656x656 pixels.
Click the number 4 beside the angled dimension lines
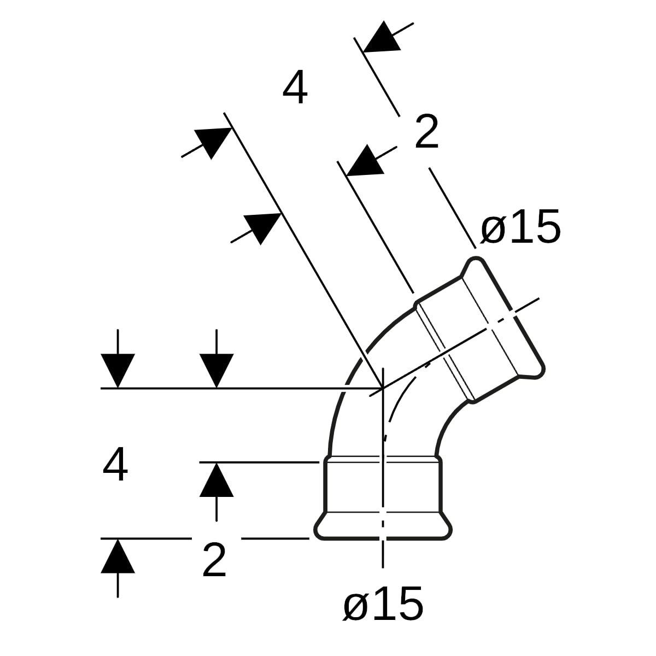(x=295, y=87)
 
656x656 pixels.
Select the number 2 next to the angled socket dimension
(x=426, y=131)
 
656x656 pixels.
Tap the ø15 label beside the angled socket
(x=520, y=226)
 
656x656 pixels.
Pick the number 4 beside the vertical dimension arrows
(x=115, y=464)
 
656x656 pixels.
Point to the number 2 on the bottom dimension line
(x=214, y=560)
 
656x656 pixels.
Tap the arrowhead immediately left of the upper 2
(x=365, y=162)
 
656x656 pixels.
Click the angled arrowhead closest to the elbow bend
(x=262, y=227)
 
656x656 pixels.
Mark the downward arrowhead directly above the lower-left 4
(x=118, y=371)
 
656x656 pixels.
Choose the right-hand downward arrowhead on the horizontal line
(x=216, y=371)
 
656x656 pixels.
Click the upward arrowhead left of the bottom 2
(x=118, y=556)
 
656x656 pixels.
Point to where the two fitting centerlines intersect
(x=383, y=388)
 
